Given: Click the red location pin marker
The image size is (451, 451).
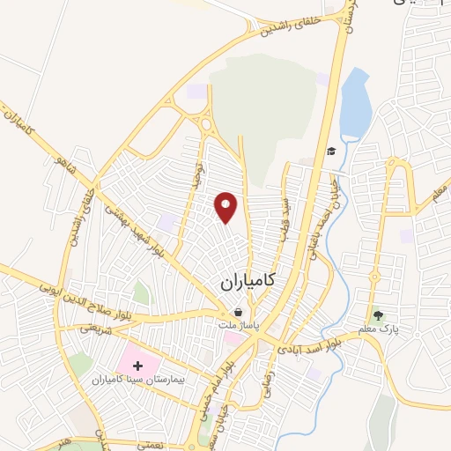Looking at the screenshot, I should pyautogui.click(x=226, y=207).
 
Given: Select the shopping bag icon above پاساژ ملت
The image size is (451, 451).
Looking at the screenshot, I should pyautogui.click(x=238, y=312).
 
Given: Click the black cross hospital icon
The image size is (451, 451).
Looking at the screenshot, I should pyautogui.click(x=137, y=364).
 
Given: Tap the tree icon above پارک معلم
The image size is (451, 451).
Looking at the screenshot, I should pyautogui.click(x=379, y=314).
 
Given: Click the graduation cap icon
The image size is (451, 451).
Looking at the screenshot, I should pyautogui.click(x=330, y=152).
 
